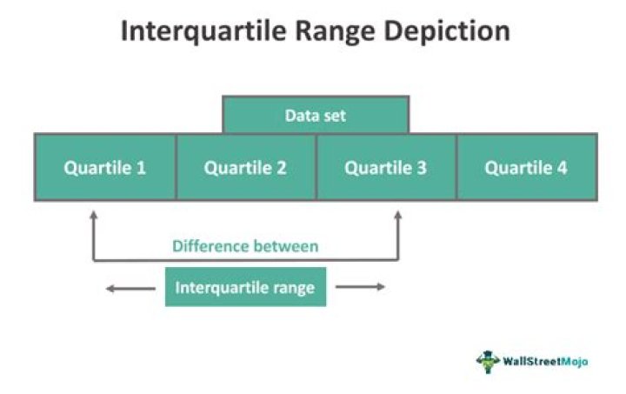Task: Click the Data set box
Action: pyautogui.click(x=316, y=115)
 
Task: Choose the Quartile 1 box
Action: pyautogui.click(x=104, y=167)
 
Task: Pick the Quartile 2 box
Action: pyautogui.click(x=245, y=167)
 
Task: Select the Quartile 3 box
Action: pyautogui.click(x=386, y=167)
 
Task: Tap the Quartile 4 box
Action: pyautogui.click(x=526, y=167)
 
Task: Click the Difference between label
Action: pyautogui.click(x=245, y=246)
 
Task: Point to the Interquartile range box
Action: pyautogui.click(x=245, y=288)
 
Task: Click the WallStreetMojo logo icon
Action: pyautogui.click(x=485, y=360)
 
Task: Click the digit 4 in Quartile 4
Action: pyautogui.click(x=562, y=167)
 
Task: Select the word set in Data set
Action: pyautogui.click(x=335, y=115)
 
